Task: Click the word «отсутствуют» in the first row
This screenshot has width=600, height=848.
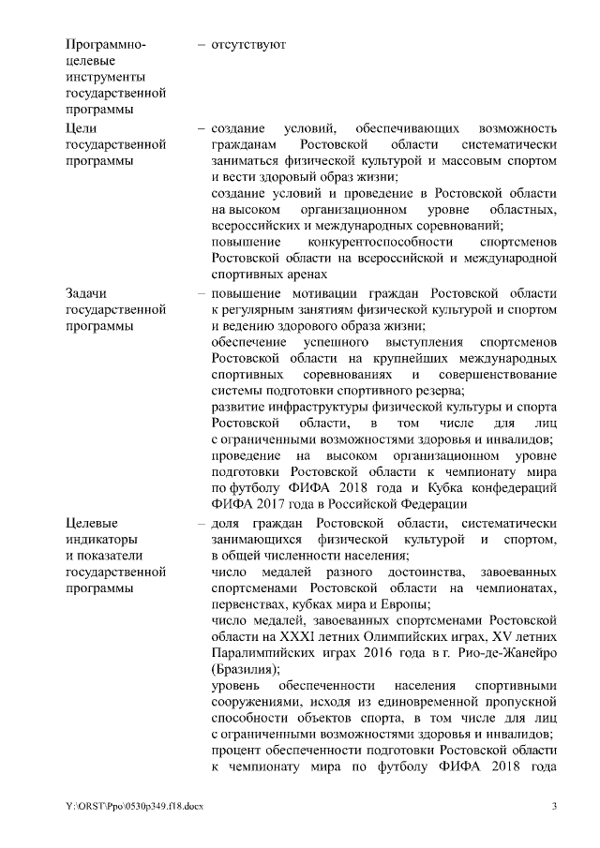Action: click(x=247, y=44)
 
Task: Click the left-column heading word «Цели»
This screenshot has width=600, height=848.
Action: click(x=82, y=126)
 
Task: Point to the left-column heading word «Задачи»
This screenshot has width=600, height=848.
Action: click(x=88, y=291)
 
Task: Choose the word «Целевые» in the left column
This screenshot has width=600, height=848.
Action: click(x=95, y=522)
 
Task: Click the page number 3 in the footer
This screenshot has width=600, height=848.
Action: click(x=555, y=807)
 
